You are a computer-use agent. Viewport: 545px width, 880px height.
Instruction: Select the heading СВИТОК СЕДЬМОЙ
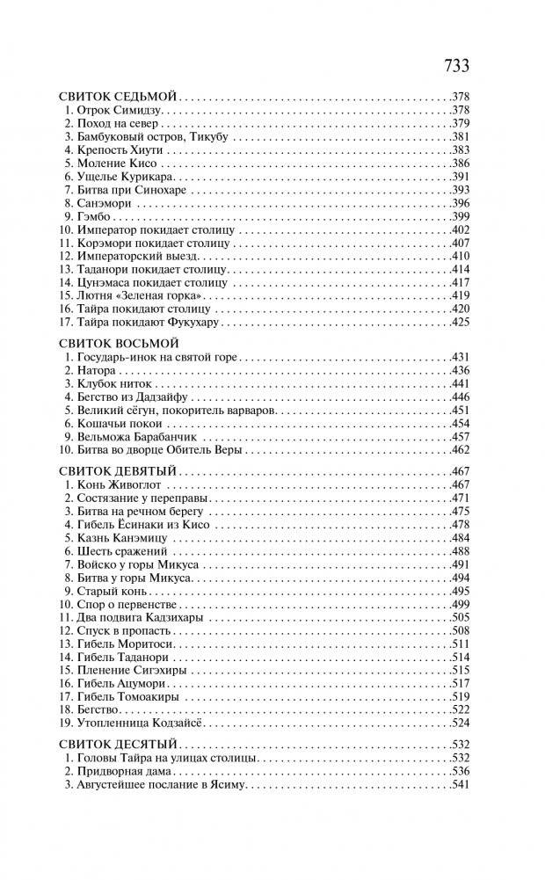(x=120, y=96)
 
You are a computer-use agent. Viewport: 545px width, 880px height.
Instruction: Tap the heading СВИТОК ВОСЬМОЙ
(x=120, y=344)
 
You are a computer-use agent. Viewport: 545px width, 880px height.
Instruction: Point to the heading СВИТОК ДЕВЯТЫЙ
(x=120, y=471)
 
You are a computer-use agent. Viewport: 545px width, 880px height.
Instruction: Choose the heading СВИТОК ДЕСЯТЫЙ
(x=120, y=745)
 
